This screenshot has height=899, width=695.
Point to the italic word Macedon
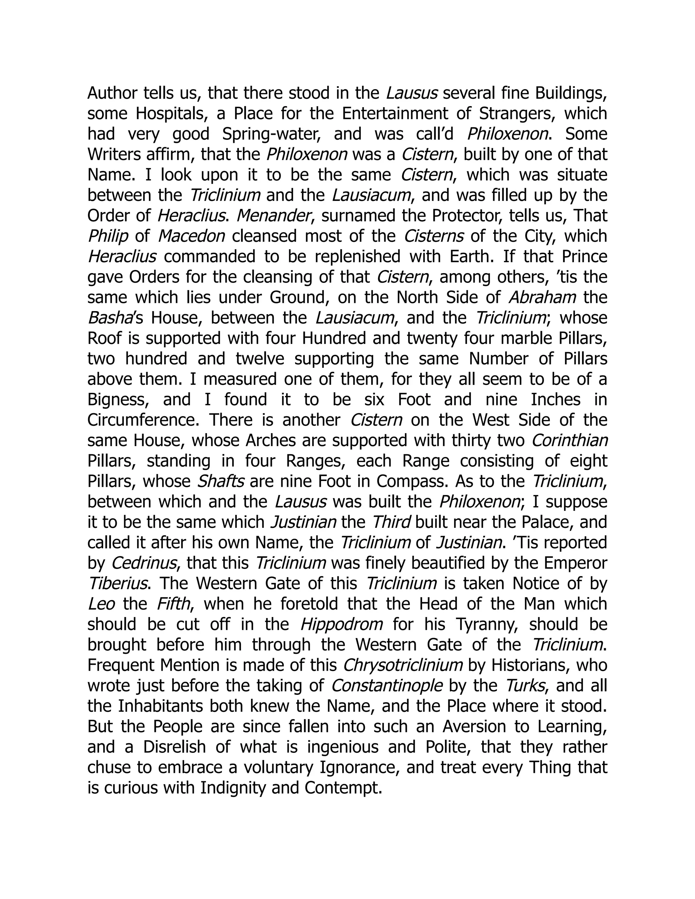tap(191, 236)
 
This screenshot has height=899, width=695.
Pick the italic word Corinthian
tap(569, 440)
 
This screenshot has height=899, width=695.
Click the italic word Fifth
tap(173, 604)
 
